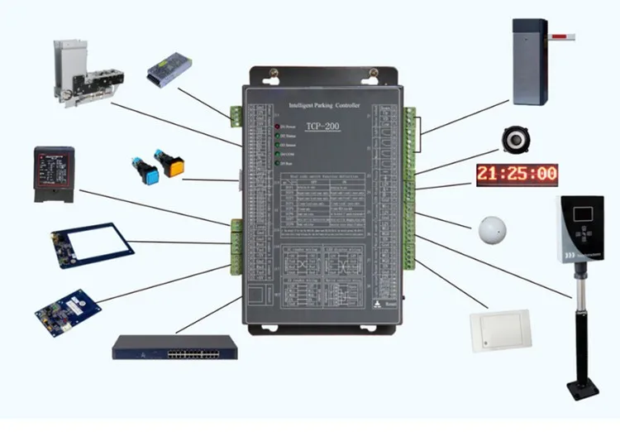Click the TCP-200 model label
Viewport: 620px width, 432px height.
click(321, 126)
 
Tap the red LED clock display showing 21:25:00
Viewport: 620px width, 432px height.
click(517, 174)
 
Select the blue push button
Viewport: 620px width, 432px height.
click(148, 169)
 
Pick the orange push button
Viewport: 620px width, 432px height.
click(174, 165)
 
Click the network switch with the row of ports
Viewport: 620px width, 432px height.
click(174, 347)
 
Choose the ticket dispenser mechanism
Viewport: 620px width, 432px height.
click(88, 73)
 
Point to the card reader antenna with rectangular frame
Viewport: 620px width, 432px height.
click(90, 245)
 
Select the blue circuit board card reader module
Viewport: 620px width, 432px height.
click(68, 310)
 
